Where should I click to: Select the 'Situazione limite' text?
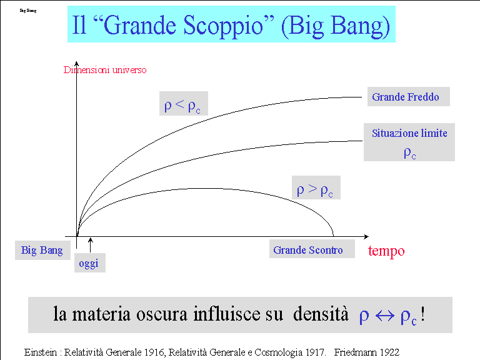(x=409, y=133)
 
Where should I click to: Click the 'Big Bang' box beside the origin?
(x=42, y=250)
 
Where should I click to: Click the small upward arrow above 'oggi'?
(x=90, y=245)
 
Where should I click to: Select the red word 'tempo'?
(x=386, y=251)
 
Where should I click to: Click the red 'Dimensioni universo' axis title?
(x=105, y=70)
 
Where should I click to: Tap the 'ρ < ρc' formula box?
(x=183, y=104)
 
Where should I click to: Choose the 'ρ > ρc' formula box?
(x=316, y=187)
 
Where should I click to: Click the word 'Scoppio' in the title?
(x=223, y=25)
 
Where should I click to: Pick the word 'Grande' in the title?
(x=140, y=25)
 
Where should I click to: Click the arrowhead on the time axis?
(x=366, y=237)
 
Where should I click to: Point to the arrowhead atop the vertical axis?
(x=76, y=64)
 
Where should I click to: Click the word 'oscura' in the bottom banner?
(x=162, y=314)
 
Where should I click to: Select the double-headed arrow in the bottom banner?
(x=385, y=316)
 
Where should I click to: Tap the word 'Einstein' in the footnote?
(x=41, y=352)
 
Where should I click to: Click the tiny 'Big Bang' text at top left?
(x=28, y=11)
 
